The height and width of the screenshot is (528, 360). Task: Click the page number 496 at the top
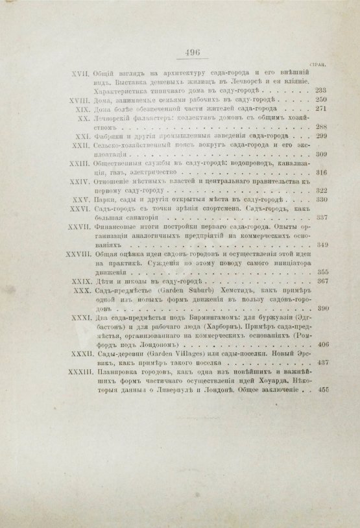[x=193, y=55]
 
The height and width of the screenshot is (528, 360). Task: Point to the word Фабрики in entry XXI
[x=110, y=138]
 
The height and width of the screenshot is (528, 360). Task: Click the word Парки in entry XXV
[x=106, y=201]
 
